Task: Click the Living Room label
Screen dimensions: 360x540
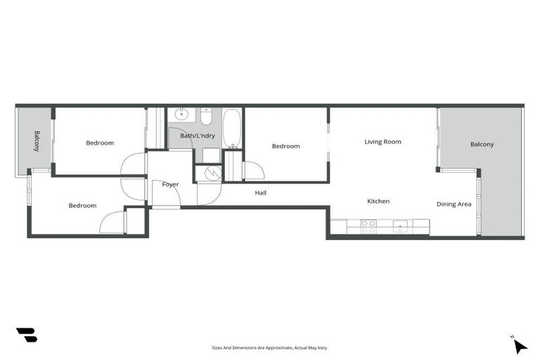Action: tap(382, 142)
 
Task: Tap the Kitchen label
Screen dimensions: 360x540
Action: tap(378, 202)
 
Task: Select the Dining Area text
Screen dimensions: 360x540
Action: tap(454, 205)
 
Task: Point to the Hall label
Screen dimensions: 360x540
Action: tap(260, 193)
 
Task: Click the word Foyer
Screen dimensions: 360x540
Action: tap(170, 185)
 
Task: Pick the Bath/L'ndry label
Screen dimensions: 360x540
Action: tap(198, 136)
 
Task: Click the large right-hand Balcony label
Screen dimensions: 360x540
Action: tap(482, 145)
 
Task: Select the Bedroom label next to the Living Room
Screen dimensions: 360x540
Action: tap(285, 146)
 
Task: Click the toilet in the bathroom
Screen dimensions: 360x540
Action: tap(206, 115)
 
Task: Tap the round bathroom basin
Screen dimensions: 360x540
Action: tap(183, 114)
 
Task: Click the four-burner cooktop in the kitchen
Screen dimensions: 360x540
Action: tap(368, 226)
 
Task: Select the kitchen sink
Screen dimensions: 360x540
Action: tap(400, 226)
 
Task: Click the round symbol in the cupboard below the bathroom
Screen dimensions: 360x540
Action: tap(207, 174)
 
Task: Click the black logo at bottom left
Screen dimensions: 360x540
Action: tap(26, 335)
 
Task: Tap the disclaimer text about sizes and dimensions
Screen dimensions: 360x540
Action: tap(270, 347)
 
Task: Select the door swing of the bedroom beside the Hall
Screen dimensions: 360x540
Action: tap(253, 171)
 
